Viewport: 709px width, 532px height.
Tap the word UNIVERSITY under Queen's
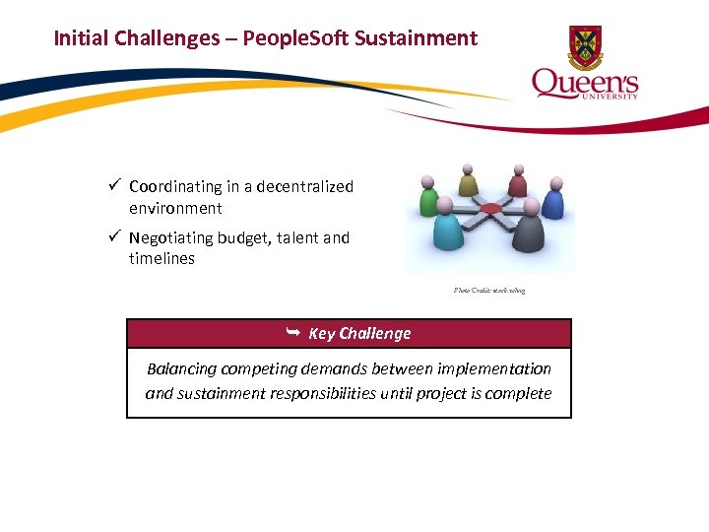612,96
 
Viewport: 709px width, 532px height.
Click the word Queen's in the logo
585,82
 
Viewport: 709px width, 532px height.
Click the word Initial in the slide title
81,38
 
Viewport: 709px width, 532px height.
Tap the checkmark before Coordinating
115,186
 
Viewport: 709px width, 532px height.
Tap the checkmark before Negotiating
115,237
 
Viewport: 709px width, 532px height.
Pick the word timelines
161,259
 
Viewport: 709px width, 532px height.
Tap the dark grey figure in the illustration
529,228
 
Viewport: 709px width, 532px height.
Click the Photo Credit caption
489,291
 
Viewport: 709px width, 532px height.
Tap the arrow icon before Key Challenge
292,333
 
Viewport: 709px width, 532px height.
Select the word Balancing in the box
184,368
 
